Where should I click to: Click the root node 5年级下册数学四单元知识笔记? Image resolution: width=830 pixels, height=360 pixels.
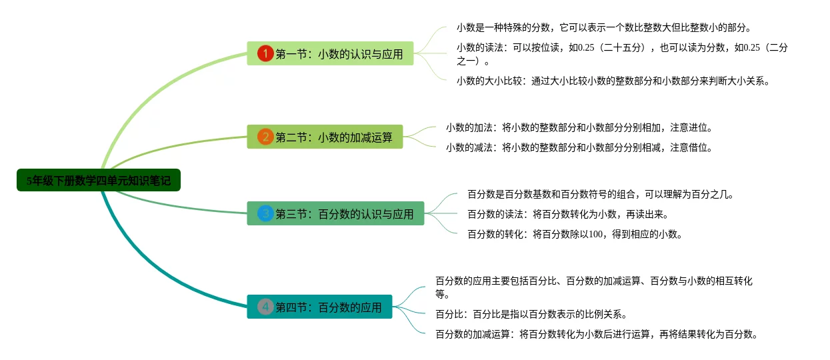click(99, 180)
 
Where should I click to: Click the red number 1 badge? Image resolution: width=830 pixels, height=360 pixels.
click(265, 54)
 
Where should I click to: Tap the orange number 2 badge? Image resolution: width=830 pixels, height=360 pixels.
click(265, 137)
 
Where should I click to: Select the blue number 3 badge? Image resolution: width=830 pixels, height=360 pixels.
click(265, 214)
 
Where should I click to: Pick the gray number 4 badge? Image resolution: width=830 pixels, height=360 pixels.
click(265, 307)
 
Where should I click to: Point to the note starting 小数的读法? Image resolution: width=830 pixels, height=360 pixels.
click(621, 55)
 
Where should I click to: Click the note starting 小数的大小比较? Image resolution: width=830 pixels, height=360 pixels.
click(613, 81)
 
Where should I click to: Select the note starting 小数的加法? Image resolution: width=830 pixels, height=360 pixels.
click(579, 128)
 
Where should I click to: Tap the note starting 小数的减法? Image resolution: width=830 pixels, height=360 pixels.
click(579, 148)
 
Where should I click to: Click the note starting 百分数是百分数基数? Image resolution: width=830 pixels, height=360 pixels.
click(600, 195)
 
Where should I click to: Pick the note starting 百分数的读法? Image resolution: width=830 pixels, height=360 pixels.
click(567, 215)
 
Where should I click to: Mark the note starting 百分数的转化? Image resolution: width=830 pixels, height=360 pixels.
click(574, 234)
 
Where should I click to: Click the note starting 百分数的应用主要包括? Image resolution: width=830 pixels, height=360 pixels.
click(593, 287)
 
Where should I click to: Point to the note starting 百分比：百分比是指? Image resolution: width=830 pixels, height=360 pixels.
click(531, 315)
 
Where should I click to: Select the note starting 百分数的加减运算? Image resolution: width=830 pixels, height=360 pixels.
click(597, 335)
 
